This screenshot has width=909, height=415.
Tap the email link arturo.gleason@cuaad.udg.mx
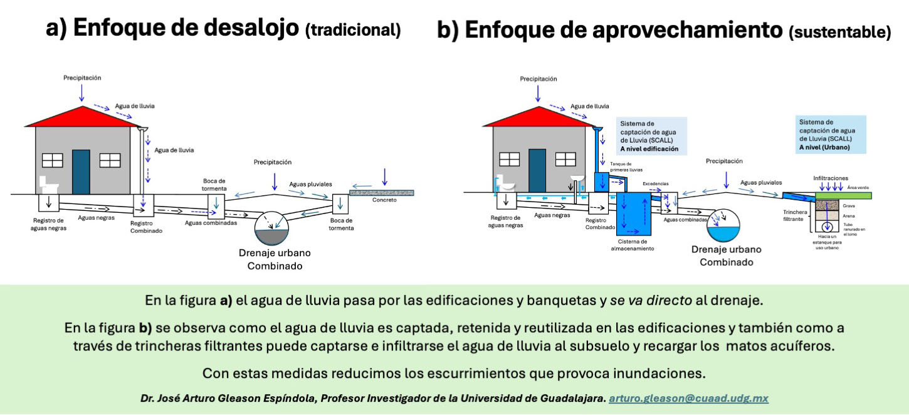coord(688,398)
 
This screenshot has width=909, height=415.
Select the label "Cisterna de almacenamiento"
coord(633,244)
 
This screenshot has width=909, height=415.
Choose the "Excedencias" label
coord(656,184)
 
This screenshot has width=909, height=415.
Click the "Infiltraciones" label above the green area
coord(831,178)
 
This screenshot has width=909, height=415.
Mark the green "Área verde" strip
coord(843,195)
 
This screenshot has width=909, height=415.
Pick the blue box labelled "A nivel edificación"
coord(651,136)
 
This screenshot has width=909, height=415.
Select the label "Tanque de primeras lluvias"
coord(626,167)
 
